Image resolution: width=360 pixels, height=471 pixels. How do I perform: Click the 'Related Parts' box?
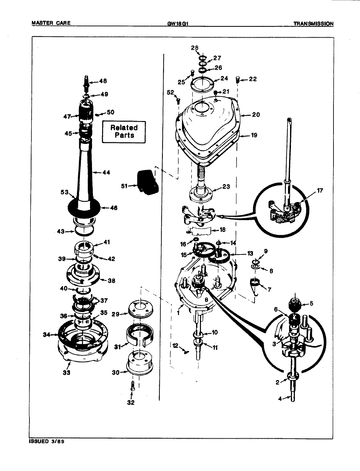pos(124,131)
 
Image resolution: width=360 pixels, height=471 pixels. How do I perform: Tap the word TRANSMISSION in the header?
pos(313,24)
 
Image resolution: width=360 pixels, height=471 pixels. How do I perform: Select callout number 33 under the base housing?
pos(66,373)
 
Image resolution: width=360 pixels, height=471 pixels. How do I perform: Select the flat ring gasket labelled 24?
pos(203,84)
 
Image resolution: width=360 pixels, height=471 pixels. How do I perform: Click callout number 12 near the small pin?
pos(175,345)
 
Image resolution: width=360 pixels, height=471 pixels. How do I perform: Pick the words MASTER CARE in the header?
pos(51,24)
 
